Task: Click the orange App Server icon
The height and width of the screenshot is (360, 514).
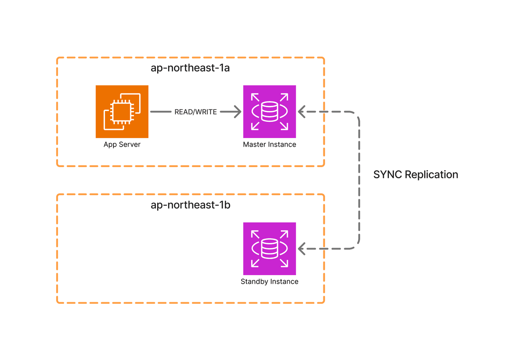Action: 122,111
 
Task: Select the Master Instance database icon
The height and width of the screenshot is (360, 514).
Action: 269,111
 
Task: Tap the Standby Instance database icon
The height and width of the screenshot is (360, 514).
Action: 269,249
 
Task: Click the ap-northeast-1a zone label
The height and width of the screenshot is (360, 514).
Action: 190,68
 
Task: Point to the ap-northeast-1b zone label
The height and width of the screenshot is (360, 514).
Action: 191,205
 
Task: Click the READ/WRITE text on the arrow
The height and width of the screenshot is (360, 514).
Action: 196,112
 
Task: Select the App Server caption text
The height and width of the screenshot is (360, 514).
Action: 122,144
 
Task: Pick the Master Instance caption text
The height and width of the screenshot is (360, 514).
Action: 269,144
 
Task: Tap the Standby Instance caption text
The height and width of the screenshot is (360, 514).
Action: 269,282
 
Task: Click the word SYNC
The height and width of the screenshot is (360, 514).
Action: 388,175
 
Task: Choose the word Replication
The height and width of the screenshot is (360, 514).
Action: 431,175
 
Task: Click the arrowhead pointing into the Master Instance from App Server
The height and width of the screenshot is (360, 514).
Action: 237,112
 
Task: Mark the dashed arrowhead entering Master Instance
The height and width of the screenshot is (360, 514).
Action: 302,112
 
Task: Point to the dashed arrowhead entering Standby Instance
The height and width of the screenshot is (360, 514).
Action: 302,249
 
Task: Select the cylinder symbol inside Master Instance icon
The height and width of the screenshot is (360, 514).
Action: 269,111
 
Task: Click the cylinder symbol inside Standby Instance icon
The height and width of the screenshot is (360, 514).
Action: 269,249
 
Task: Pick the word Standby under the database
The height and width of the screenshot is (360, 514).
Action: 254,282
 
